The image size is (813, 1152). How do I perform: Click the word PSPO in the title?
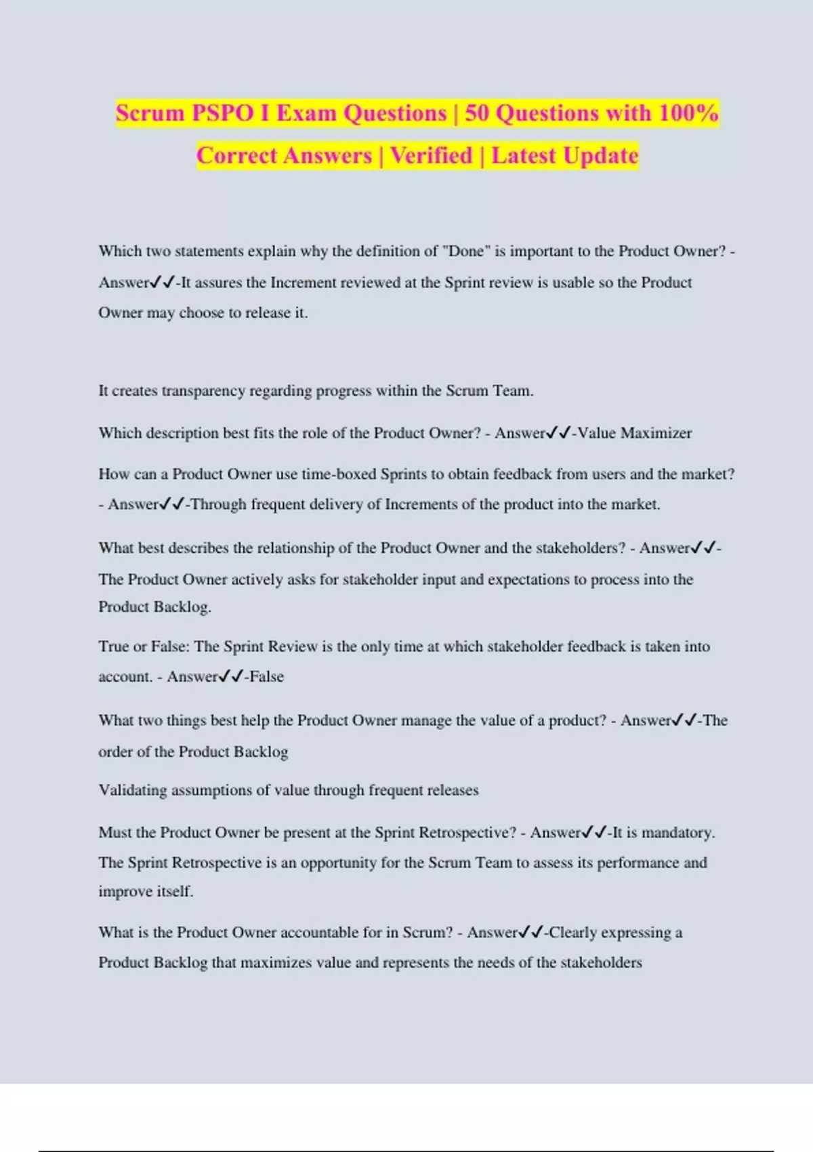[x=222, y=113]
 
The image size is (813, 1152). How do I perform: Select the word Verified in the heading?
[x=432, y=156]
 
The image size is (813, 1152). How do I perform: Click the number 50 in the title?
[x=477, y=113]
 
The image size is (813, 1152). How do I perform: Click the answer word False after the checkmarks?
[x=266, y=676]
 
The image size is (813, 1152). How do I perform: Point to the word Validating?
[x=132, y=790]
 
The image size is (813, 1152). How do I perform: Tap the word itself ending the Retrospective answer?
[x=175, y=892]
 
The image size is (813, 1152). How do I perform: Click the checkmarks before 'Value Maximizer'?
[x=559, y=433]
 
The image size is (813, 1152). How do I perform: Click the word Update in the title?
[x=601, y=156]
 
